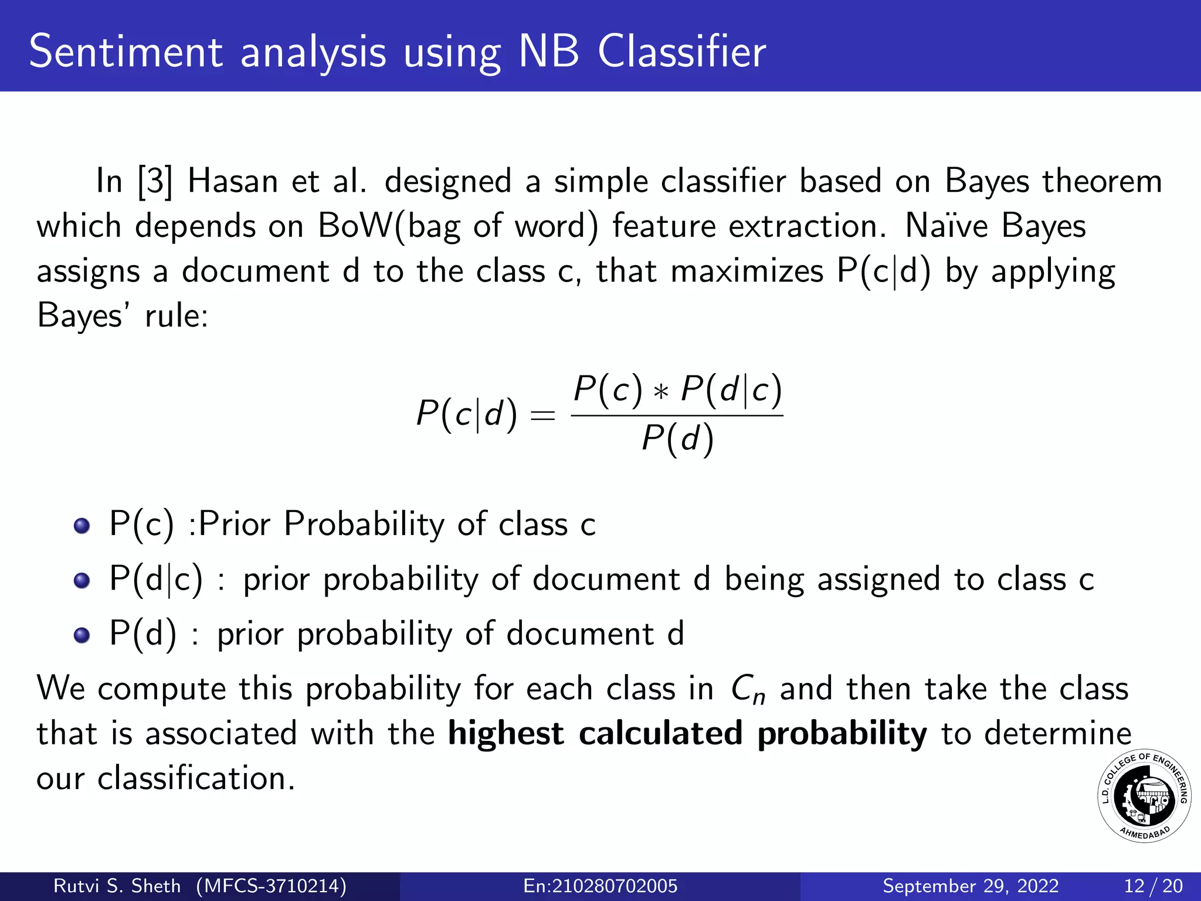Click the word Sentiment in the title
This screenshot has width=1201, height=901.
pyautogui.click(x=125, y=52)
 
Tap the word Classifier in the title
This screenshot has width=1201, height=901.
pyautogui.click(x=681, y=52)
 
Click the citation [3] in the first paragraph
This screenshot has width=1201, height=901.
pyautogui.click(x=155, y=182)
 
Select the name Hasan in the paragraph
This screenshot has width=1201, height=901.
pyautogui.click(x=232, y=181)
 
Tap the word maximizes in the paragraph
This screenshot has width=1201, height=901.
pyautogui.click(x=747, y=272)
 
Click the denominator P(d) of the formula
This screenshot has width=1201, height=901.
pyautogui.click(x=677, y=439)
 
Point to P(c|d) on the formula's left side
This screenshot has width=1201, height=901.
pyautogui.click(x=466, y=414)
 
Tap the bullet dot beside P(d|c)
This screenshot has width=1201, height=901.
pyautogui.click(x=82, y=580)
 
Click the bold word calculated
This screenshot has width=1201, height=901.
pyautogui.click(x=660, y=734)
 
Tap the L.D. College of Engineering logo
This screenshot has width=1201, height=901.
pyautogui.click(x=1144, y=796)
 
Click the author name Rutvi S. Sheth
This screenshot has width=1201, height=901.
pyautogui.click(x=117, y=886)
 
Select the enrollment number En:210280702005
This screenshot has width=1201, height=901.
pyautogui.click(x=600, y=886)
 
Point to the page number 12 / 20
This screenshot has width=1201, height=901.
pyautogui.click(x=1153, y=886)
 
